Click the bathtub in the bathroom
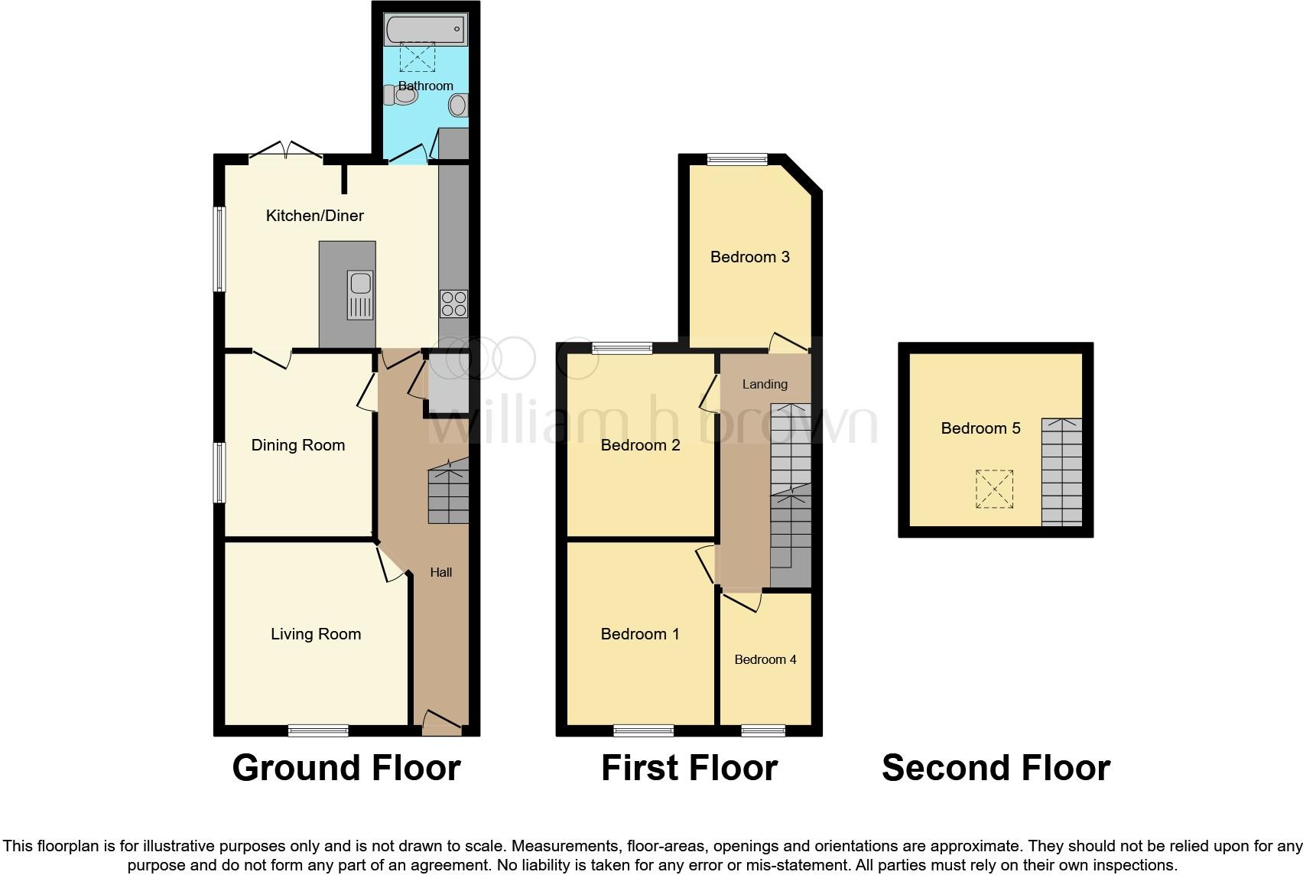[425, 30]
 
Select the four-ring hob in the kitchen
[453, 304]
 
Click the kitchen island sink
[359, 294]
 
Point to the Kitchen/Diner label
[314, 216]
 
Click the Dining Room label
[298, 445]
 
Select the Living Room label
[316, 634]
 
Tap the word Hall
[441, 572]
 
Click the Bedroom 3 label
[749, 257]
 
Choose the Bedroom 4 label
[765, 659]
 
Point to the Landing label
[765, 384]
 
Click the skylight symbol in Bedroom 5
[994, 490]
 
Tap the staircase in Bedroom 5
[1062, 472]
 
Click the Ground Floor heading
[346, 768]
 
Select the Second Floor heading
[996, 768]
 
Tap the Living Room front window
[318, 731]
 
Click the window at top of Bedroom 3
[736, 159]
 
